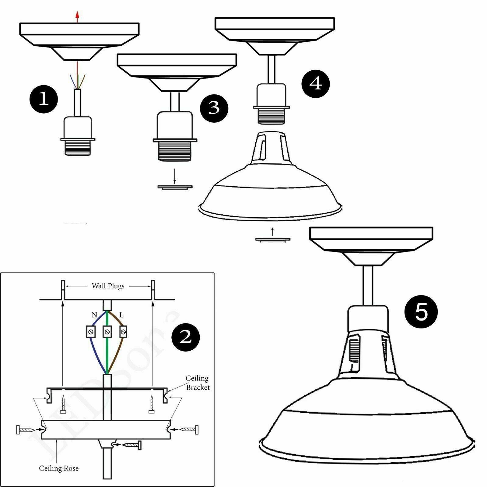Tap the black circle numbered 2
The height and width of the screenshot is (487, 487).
[x=186, y=337]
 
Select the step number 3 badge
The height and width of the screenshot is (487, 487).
[x=214, y=108]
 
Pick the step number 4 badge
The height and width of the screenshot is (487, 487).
[x=316, y=83]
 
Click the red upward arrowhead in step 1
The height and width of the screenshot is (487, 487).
[x=77, y=14]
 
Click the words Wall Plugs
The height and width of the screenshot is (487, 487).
[x=108, y=286]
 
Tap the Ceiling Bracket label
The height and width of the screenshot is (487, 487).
[x=198, y=383]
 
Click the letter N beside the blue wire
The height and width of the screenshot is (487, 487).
[x=94, y=315]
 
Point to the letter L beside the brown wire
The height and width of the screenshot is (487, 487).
[x=121, y=315]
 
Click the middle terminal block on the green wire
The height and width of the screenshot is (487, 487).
[x=107, y=332]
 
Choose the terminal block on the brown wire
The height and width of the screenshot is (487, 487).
[x=123, y=332]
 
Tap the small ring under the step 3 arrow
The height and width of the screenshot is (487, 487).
[x=175, y=187]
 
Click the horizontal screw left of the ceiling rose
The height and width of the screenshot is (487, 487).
[x=26, y=430]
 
